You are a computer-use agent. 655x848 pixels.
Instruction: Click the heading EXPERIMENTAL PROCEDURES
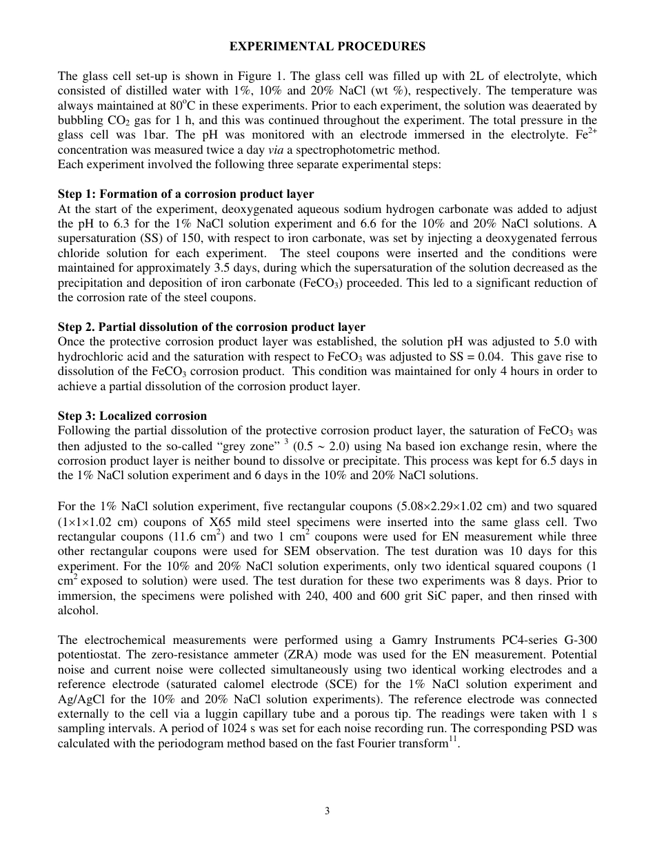[x=327, y=47]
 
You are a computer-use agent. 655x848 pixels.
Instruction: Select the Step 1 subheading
[x=185, y=194]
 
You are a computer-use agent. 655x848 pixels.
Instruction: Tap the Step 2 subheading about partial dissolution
[x=211, y=327]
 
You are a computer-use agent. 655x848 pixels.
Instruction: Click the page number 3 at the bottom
[x=327, y=811]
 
